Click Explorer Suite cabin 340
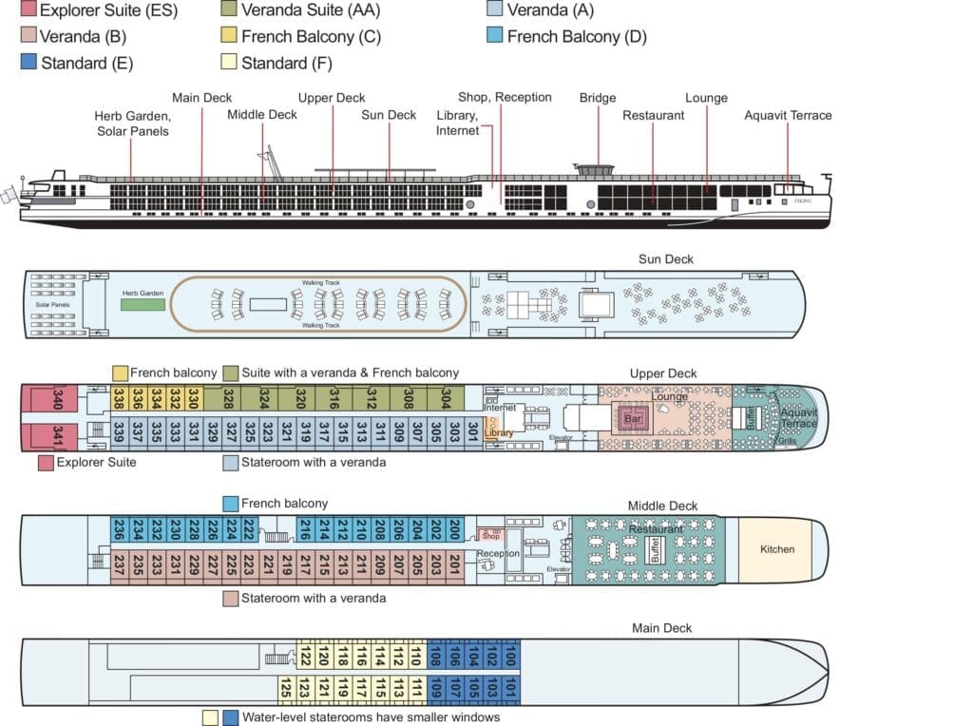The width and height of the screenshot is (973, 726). pos(42,400)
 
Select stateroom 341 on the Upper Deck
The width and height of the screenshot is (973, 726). pos(43,436)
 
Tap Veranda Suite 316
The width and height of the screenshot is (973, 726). pos(334,397)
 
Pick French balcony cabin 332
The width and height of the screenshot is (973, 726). pos(174,397)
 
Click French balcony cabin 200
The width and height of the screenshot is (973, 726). pos(455,530)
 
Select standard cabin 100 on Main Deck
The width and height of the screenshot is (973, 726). pos(510,655)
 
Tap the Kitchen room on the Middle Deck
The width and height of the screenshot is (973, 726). pos(776,549)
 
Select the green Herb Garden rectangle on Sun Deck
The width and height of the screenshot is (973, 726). pos(143,304)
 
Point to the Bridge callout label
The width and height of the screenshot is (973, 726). pos(598,98)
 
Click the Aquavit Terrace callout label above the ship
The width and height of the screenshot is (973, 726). pos(788,116)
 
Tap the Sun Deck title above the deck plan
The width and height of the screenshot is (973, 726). pos(665,259)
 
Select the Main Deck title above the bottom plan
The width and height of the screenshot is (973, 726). pos(661,628)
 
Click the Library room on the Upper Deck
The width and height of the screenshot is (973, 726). pos(498,433)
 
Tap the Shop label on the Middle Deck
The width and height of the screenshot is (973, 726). pos(490,536)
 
